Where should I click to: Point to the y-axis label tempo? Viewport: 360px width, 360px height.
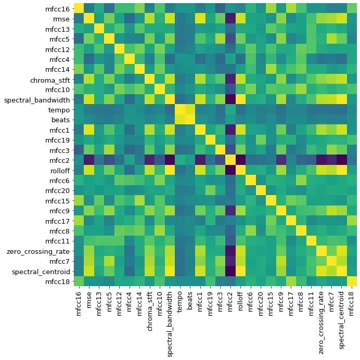[59, 110]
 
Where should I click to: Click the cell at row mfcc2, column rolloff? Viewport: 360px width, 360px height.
[240, 160]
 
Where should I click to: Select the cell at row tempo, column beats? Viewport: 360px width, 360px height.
[190, 110]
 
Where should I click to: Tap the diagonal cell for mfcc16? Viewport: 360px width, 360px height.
[79, 9]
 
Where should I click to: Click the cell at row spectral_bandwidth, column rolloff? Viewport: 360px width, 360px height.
[240, 99]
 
